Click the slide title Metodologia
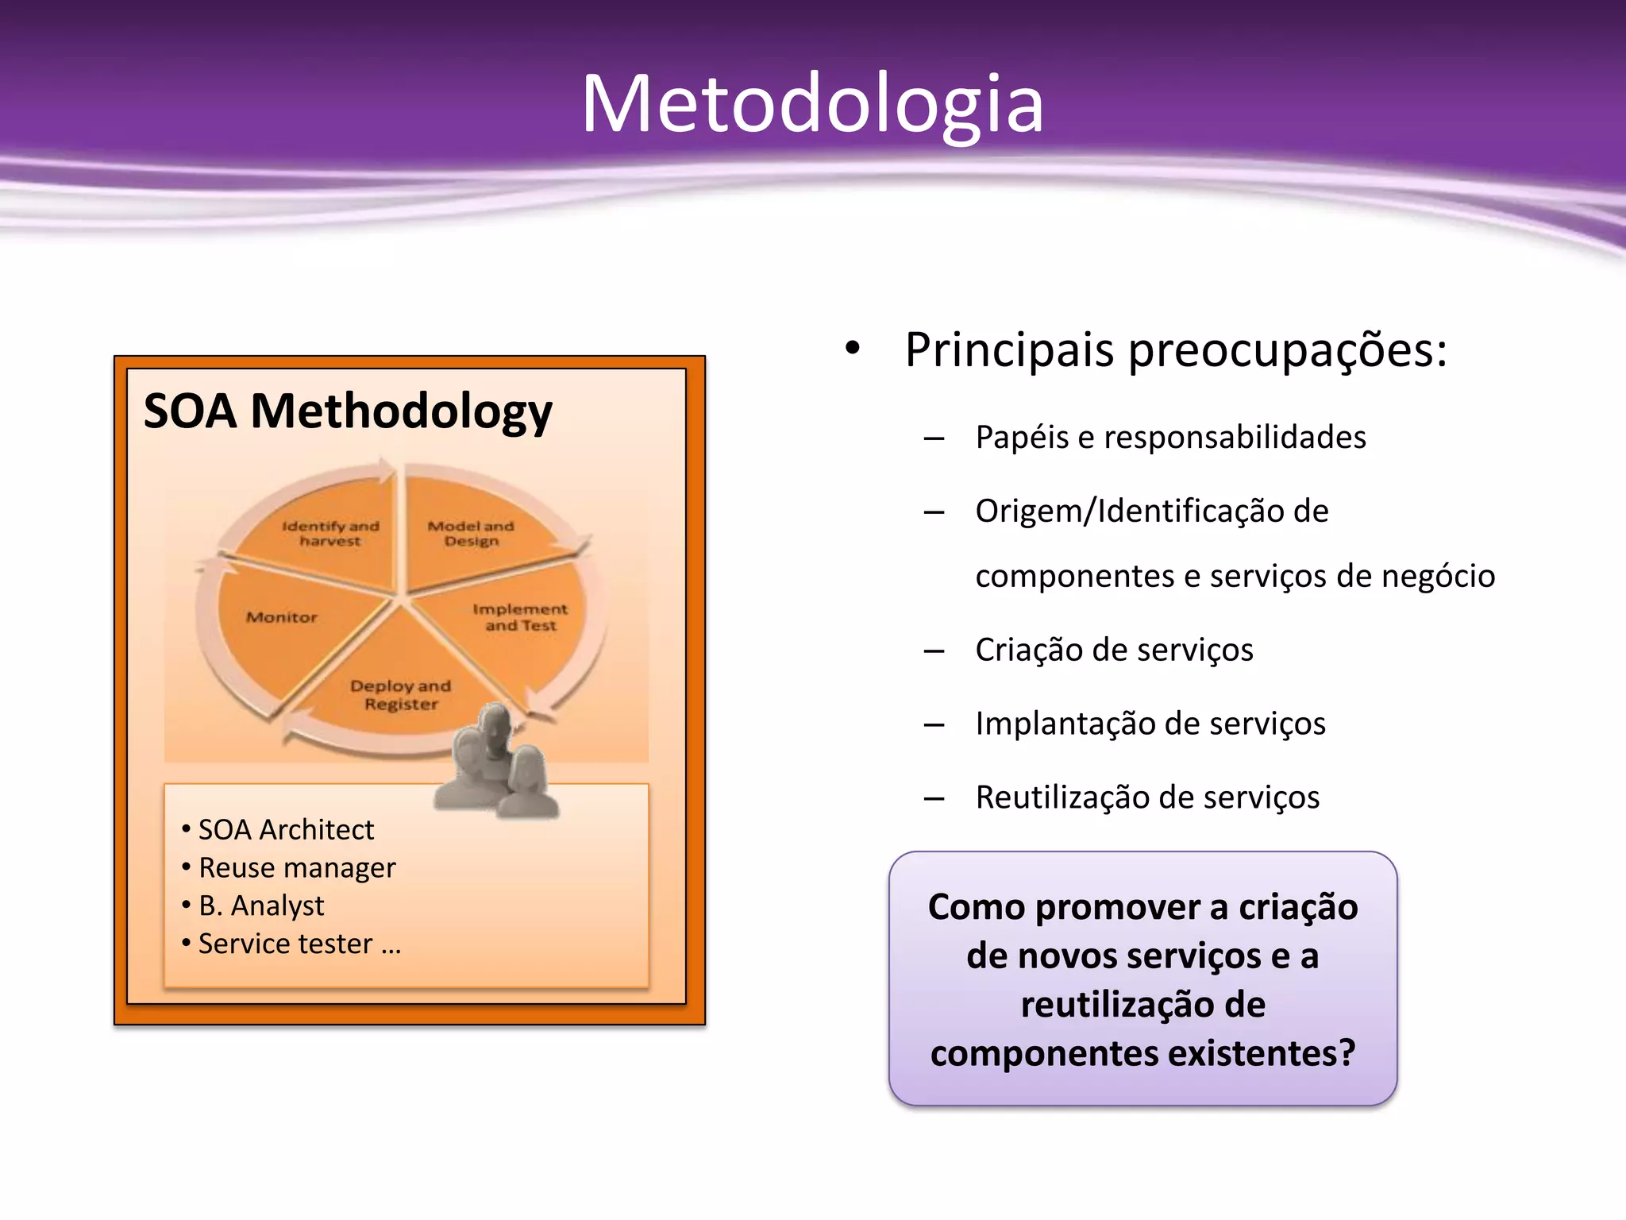coord(812,103)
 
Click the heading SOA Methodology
coord(348,411)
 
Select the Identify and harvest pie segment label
coord(330,534)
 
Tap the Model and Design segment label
coord(471,534)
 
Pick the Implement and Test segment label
coord(520,617)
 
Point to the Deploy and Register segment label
coord(401,695)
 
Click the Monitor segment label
coord(281,617)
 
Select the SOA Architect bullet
coord(286,830)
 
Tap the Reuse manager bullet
coord(297,868)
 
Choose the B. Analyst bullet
coord(261,906)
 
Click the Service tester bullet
coord(299,944)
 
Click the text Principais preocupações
coord(1175,350)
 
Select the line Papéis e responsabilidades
coord(1170,438)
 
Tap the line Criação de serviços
coord(1114,651)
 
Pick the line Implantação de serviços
coord(1150,724)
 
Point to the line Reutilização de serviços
coord(1147,797)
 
